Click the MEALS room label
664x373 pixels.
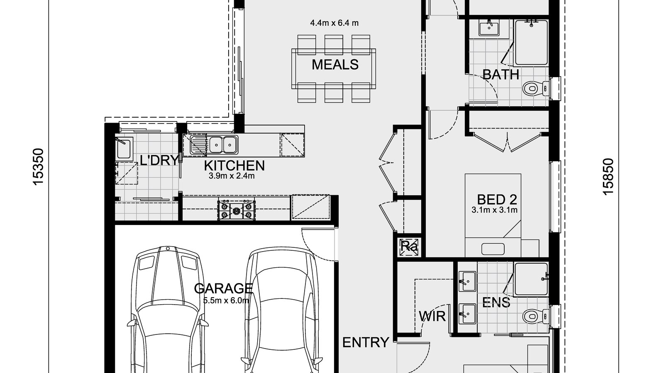(335, 65)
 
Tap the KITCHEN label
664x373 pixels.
(234, 165)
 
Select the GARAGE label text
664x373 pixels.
(223, 288)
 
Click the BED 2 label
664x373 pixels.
(497, 200)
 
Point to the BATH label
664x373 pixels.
(501, 75)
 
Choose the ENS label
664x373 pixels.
(496, 302)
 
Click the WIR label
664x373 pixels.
(432, 317)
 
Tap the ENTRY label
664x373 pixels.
(366, 342)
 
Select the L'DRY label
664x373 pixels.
(159, 160)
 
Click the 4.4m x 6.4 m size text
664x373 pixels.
(334, 23)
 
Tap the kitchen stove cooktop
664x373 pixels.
(237, 210)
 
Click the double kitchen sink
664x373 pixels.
(223, 145)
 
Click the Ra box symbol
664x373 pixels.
(409, 247)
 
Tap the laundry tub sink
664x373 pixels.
(124, 149)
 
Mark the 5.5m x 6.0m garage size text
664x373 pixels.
(226, 300)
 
